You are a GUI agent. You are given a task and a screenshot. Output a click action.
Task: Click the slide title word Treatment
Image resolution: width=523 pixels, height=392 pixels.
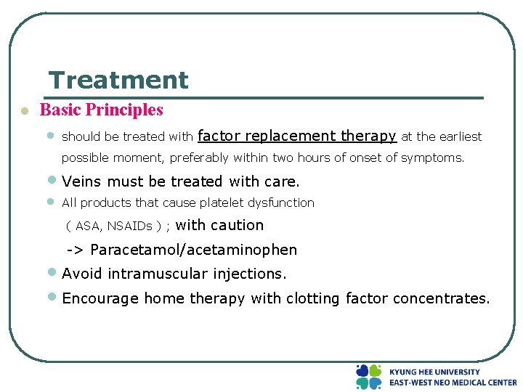point(118,80)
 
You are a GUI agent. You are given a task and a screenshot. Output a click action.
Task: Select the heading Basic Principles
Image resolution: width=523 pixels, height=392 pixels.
point(102,110)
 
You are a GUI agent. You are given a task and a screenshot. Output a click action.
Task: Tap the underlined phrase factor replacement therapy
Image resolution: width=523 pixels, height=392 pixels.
point(296,136)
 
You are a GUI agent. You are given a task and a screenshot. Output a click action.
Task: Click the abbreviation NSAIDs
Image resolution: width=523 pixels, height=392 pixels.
point(129,226)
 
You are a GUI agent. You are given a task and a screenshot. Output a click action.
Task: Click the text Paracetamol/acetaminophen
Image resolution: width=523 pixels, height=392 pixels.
point(193,250)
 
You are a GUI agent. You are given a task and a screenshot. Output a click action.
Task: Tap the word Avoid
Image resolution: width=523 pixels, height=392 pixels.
point(81,274)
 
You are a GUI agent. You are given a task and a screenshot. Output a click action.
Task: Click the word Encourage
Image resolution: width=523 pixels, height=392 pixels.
point(100,298)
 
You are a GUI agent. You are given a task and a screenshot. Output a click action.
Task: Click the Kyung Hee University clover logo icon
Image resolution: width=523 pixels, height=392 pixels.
point(368,377)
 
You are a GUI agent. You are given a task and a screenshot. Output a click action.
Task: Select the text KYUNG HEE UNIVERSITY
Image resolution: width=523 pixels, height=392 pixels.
point(434,372)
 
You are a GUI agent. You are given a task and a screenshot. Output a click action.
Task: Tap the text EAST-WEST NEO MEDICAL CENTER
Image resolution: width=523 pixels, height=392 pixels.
point(453,383)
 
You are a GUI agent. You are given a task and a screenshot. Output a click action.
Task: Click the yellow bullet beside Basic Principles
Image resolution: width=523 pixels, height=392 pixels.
point(24,111)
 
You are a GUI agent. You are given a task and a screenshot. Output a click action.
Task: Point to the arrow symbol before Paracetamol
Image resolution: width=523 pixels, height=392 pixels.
point(76,250)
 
